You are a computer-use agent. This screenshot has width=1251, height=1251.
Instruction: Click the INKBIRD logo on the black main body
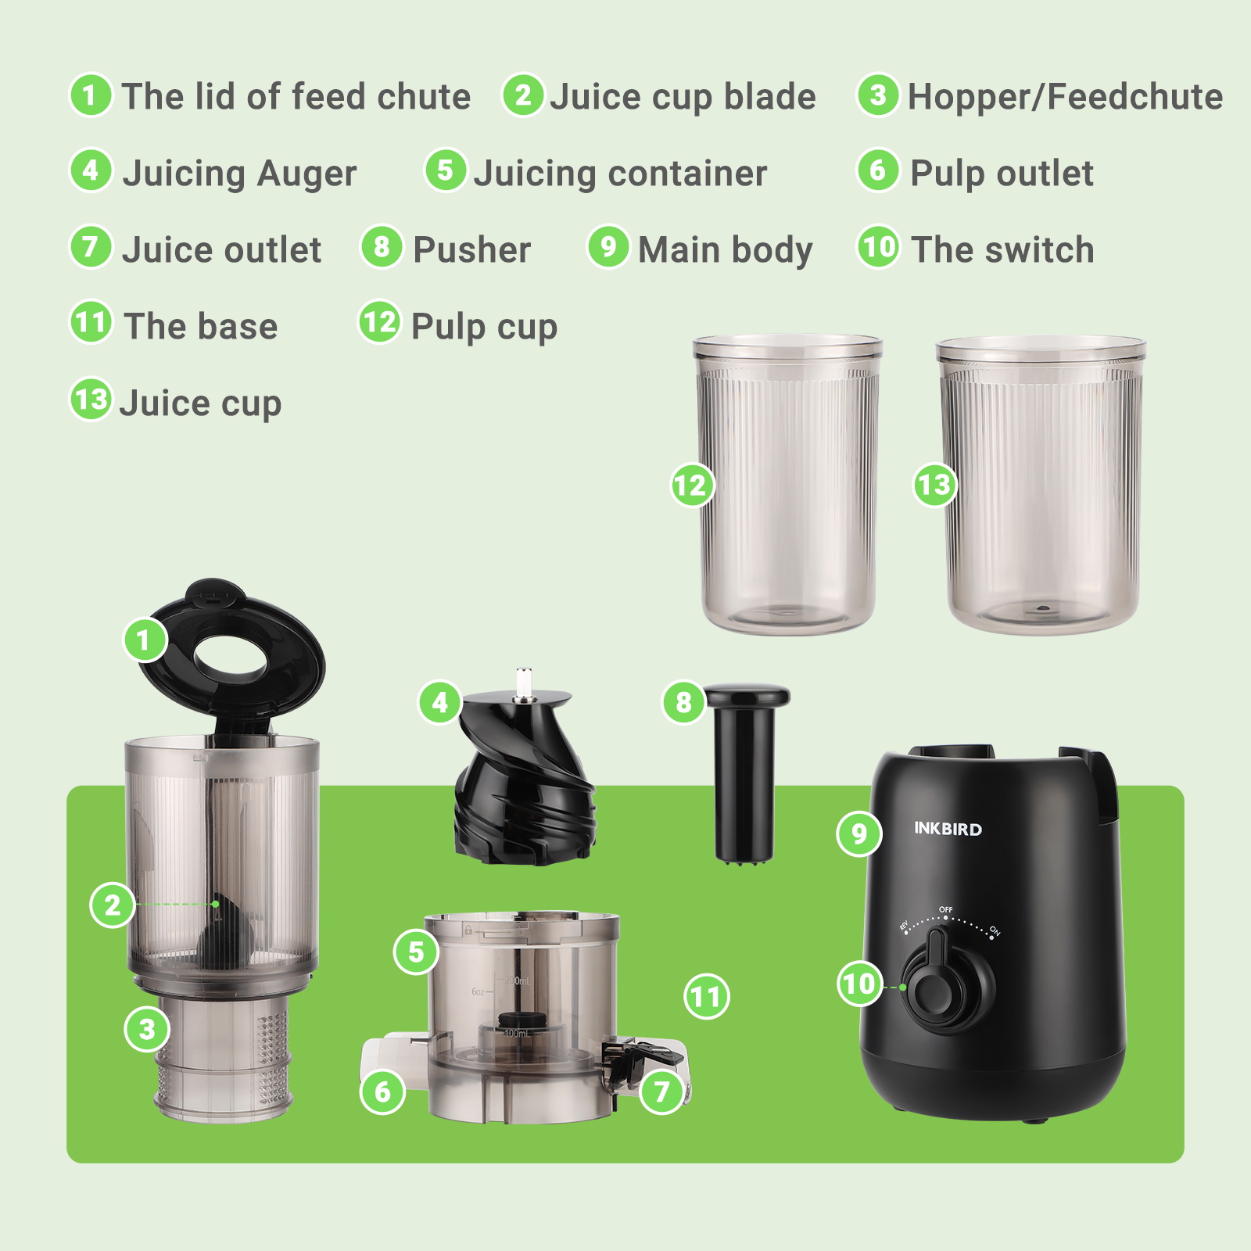tap(948, 829)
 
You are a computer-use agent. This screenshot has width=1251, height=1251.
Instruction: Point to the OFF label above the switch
tap(946, 909)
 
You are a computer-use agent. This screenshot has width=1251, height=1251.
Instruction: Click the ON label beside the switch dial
tap(995, 930)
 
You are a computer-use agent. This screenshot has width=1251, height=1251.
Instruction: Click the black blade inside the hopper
tap(227, 930)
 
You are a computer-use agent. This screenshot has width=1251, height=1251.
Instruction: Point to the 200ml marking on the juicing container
tap(517, 980)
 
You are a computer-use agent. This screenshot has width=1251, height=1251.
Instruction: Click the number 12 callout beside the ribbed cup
tap(692, 485)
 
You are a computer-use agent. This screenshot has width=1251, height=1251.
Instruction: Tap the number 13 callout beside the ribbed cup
tap(935, 485)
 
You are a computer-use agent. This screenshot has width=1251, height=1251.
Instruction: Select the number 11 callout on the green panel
tap(706, 996)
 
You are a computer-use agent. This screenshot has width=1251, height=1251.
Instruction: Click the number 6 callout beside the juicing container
tap(382, 1091)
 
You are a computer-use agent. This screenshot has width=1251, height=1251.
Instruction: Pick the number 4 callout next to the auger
tap(440, 701)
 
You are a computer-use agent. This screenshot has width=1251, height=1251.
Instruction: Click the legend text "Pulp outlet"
tap(1002, 174)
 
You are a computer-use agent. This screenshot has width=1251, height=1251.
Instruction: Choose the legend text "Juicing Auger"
tap(239, 174)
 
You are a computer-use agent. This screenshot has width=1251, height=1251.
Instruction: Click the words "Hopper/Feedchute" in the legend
tap(1065, 97)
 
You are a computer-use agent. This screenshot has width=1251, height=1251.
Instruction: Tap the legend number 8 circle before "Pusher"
tap(382, 247)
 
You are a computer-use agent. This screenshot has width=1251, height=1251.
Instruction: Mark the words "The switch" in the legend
tap(1002, 250)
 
